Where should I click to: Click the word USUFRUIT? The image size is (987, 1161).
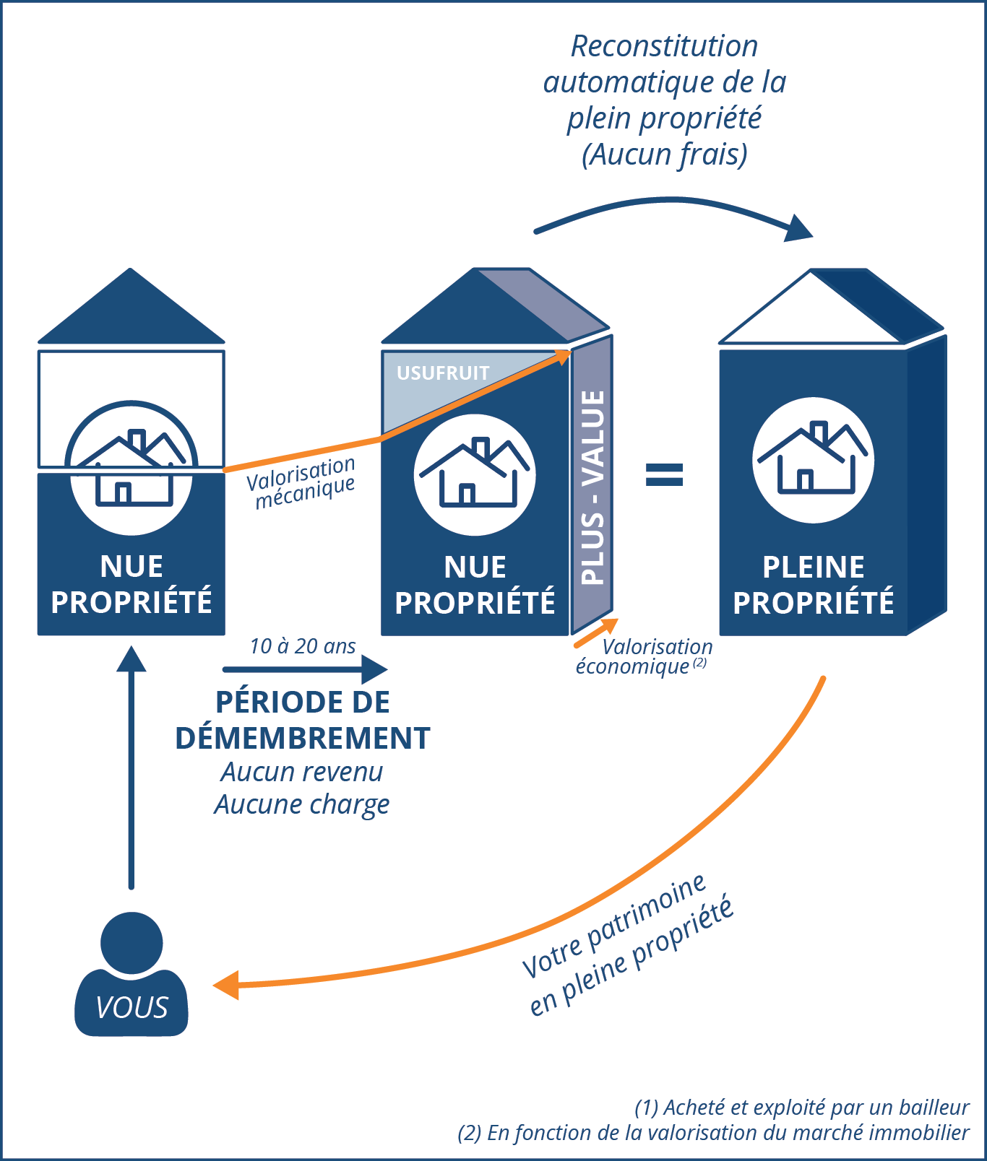pyautogui.click(x=443, y=373)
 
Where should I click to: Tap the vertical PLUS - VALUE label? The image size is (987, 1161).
pyautogui.click(x=592, y=487)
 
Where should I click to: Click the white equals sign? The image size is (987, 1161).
pyautogui.click(x=664, y=475)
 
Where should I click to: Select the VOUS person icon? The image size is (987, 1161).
pyautogui.click(x=132, y=975)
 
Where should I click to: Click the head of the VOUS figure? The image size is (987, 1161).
pyautogui.click(x=132, y=942)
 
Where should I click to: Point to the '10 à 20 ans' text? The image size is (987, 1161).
pyautogui.click(x=303, y=646)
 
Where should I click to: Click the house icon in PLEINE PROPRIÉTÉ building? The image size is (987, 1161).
pyautogui.click(x=813, y=460)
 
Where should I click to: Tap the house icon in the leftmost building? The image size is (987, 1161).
pyautogui.click(x=132, y=468)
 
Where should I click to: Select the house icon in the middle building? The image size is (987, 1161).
pyautogui.click(x=475, y=474)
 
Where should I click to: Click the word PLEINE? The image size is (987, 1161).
pyautogui.click(x=814, y=568)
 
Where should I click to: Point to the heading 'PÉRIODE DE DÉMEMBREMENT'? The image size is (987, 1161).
pyautogui.click(x=303, y=721)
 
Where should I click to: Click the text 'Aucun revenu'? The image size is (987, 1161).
pyautogui.click(x=302, y=772)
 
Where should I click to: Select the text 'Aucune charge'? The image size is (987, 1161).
pyautogui.click(x=302, y=804)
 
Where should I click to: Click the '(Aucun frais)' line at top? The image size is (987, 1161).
pyautogui.click(x=665, y=155)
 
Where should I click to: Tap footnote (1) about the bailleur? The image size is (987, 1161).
pyautogui.click(x=802, y=1108)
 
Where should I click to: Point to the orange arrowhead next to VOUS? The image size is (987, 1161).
pyautogui.click(x=227, y=985)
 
